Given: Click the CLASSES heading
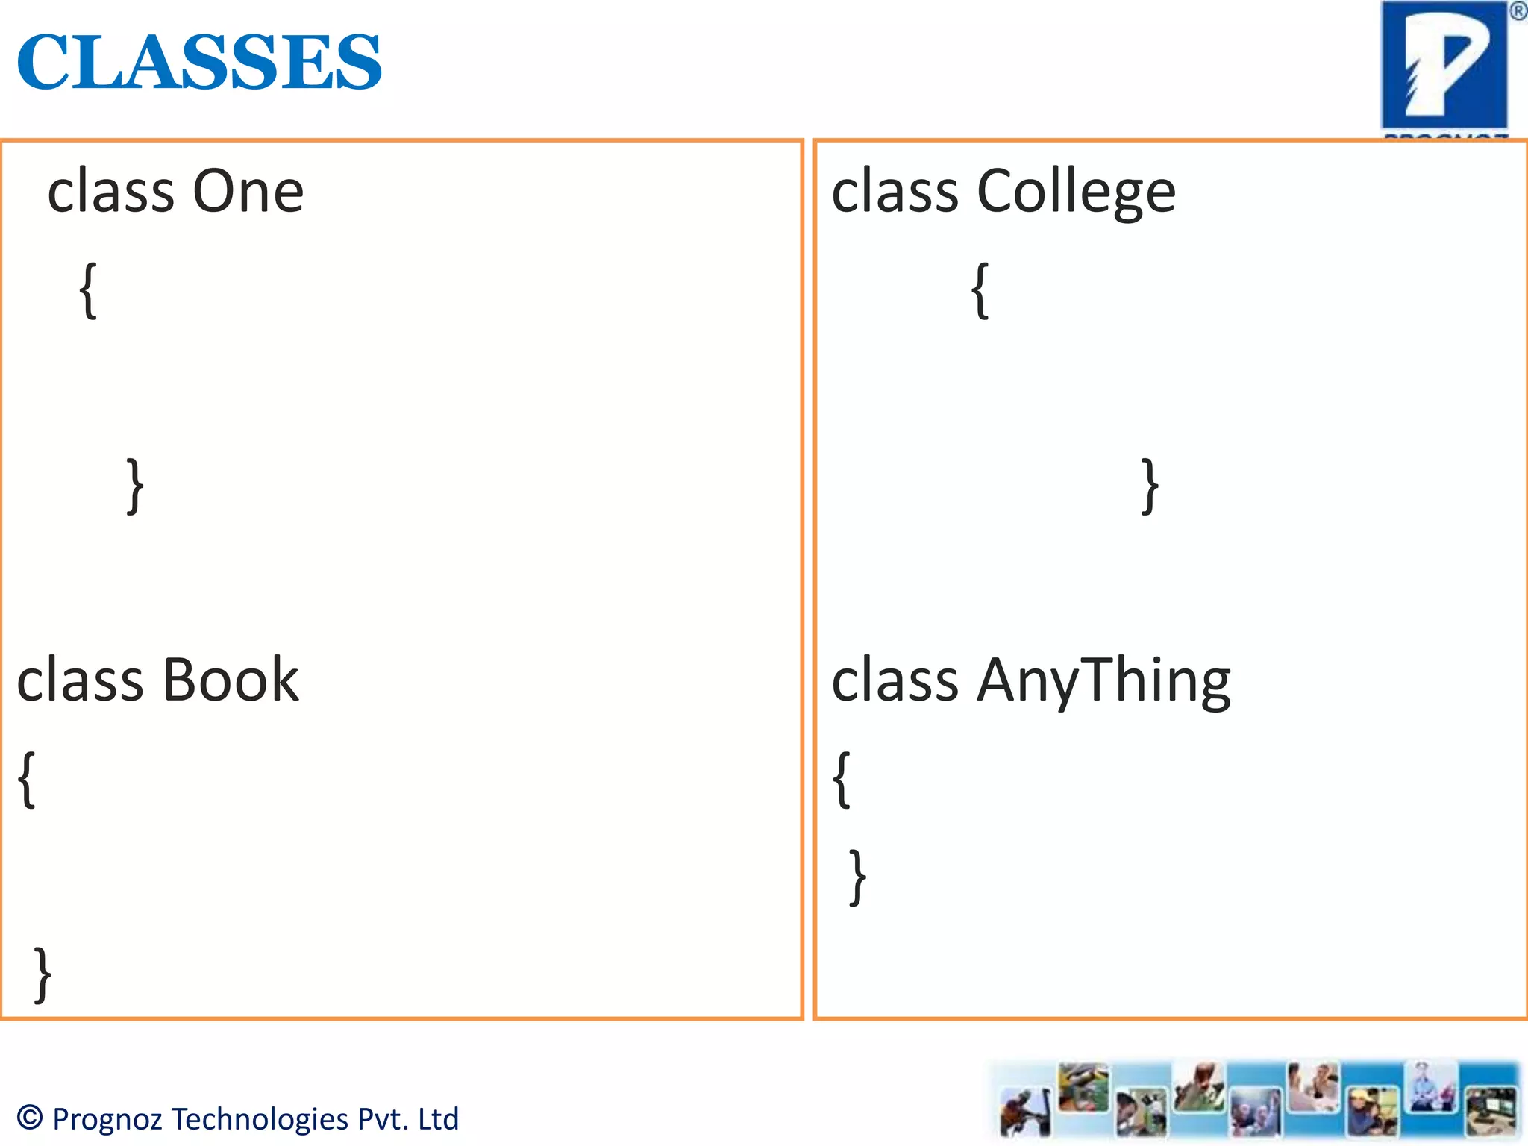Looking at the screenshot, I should click(x=199, y=61).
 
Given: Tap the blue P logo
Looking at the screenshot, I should click(x=1444, y=66).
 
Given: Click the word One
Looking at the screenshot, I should click(x=248, y=191).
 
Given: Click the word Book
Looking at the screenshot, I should click(x=231, y=680).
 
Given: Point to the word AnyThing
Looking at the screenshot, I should click(x=1104, y=680).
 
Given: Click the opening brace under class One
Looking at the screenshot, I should click(x=88, y=291).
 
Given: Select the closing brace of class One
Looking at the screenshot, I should click(x=135, y=486).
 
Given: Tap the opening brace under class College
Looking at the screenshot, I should click(x=980, y=291).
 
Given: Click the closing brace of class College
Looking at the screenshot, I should click(x=1150, y=486).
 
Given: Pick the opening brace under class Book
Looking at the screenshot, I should click(x=27, y=780).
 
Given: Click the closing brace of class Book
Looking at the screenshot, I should click(x=43, y=974).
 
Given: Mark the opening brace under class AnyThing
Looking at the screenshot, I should click(x=842, y=780).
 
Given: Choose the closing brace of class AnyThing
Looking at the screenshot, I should click(x=858, y=877).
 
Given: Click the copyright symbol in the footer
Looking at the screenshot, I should click(x=31, y=1117).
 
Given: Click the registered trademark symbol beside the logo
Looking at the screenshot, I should click(x=1518, y=11).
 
